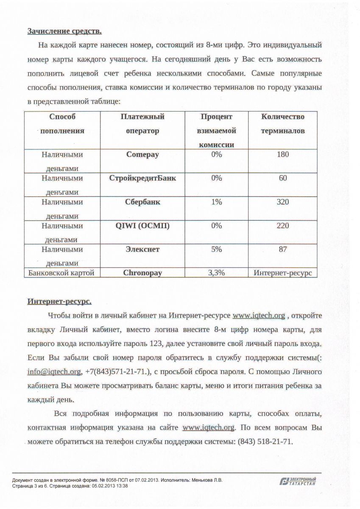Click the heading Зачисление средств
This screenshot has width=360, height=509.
click(x=64, y=31)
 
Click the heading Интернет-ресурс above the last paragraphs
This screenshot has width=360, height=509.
click(x=59, y=301)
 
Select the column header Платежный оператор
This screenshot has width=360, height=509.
click(x=142, y=123)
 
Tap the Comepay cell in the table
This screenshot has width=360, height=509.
click(x=142, y=154)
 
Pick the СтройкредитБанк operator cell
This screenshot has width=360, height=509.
click(x=142, y=178)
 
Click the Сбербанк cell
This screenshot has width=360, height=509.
click(x=142, y=202)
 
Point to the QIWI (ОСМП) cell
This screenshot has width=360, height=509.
click(x=142, y=226)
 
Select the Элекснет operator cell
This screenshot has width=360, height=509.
click(x=142, y=249)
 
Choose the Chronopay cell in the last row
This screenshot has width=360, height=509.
click(x=142, y=273)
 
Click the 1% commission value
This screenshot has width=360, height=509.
click(x=217, y=202)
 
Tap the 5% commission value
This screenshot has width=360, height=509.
click(x=217, y=249)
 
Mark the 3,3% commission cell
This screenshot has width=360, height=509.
click(x=217, y=273)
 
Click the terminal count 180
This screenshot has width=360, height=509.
click(x=283, y=154)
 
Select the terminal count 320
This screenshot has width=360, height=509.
click(x=283, y=202)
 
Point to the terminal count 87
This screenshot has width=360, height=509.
click(x=283, y=249)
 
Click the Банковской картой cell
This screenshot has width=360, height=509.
click(x=61, y=273)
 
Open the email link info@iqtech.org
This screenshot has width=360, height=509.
click(x=54, y=372)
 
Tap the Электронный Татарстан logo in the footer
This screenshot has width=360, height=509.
click(x=298, y=481)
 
